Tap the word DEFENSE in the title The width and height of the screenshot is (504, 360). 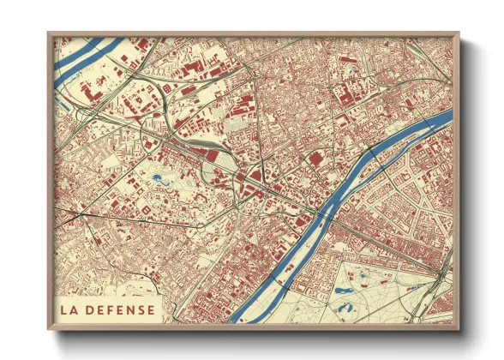(121, 309)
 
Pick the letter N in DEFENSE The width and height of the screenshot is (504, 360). (132, 309)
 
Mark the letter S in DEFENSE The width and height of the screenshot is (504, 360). (142, 309)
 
